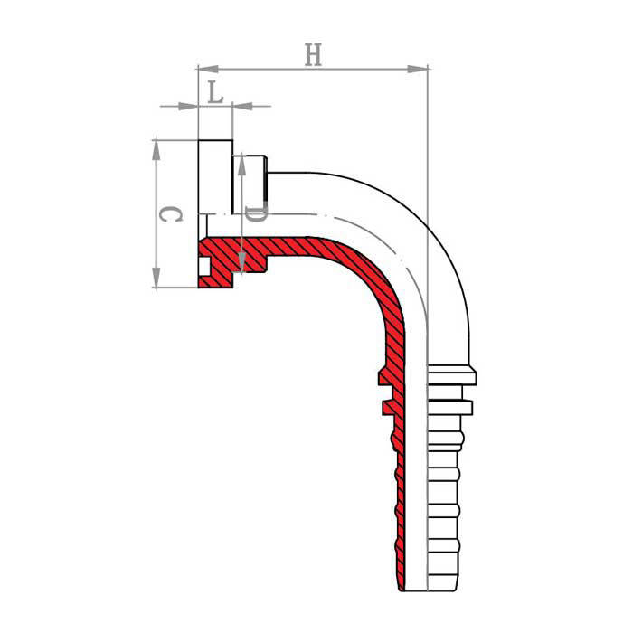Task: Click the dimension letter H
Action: pyautogui.click(x=313, y=55)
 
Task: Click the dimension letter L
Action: pyautogui.click(x=215, y=92)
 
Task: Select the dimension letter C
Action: pyautogui.click(x=170, y=214)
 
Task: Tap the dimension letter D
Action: pyautogui.click(x=256, y=214)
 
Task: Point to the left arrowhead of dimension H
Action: pyautogui.click(x=208, y=69)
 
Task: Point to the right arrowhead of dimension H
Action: pyautogui.click(x=417, y=69)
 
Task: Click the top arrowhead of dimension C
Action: pyautogui.click(x=156, y=150)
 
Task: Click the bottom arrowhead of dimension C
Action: pyautogui.click(x=156, y=278)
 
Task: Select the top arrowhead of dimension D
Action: pyautogui.click(x=241, y=165)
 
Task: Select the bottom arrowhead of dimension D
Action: pyautogui.click(x=241, y=262)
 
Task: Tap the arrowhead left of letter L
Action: pyautogui.click(x=188, y=106)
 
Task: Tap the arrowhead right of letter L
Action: pyautogui.click(x=243, y=106)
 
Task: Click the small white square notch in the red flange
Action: pyautogui.click(x=204, y=267)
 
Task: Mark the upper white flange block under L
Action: pyautogui.click(x=215, y=177)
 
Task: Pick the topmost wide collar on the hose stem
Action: pyautogui.click(x=452, y=374)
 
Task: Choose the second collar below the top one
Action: pyautogui.click(x=449, y=407)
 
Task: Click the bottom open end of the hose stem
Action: pyautogui.click(x=430, y=591)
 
